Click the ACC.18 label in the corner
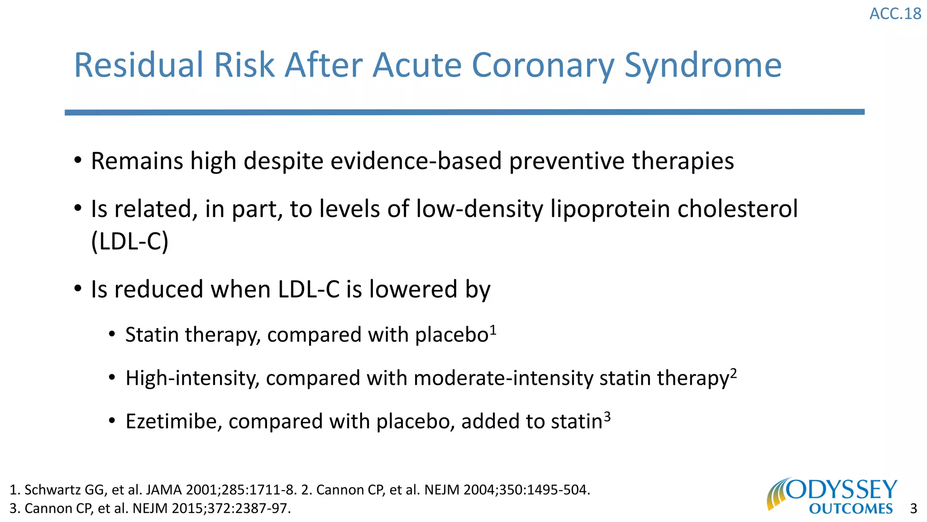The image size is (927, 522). point(895,14)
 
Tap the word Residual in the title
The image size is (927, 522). point(139,66)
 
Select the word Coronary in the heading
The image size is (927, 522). point(543,66)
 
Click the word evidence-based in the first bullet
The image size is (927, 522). point(416,161)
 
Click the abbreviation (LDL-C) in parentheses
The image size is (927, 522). point(130,241)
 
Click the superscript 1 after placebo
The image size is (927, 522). point(493,330)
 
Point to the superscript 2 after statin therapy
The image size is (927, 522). point(733,374)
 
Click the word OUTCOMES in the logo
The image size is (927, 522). point(851,509)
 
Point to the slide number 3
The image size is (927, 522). point(913,509)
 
